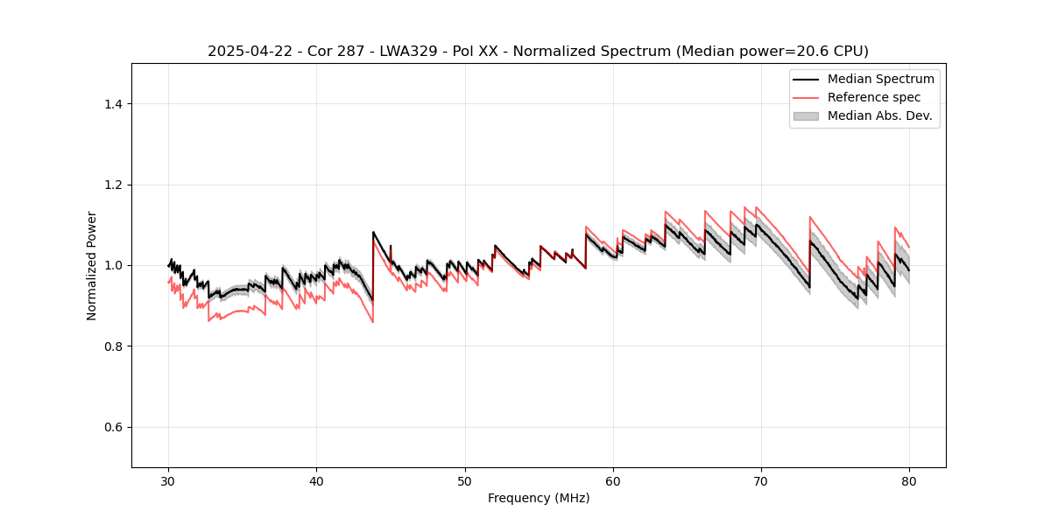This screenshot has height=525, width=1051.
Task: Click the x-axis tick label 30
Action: pos(168,481)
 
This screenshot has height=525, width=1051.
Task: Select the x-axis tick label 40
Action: pos(316,481)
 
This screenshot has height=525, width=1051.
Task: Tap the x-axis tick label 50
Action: pos(465,481)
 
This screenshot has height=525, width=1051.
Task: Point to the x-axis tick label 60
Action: pos(613,481)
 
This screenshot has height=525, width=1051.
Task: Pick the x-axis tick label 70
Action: pos(761,481)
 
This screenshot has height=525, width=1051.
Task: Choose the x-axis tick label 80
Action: pos(909,481)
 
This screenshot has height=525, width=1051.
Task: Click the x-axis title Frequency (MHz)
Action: pos(539,498)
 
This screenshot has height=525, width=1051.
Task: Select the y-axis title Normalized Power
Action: pos(91,265)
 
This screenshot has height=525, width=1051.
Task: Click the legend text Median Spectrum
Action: pos(880,79)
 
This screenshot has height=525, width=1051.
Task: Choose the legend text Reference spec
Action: pos(874,97)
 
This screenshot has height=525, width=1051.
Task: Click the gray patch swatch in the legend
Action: pos(806,115)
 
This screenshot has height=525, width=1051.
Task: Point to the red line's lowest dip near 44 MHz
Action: pos(372,322)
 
